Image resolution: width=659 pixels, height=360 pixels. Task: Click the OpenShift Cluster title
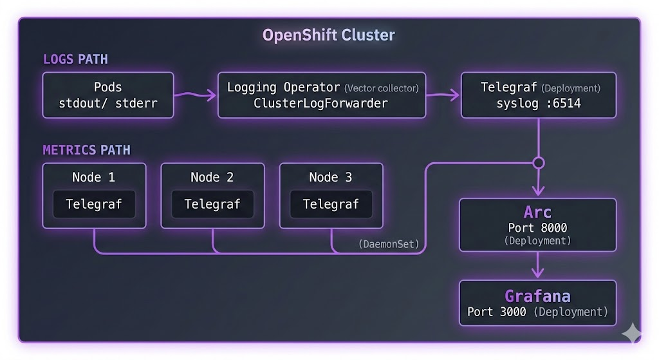328,35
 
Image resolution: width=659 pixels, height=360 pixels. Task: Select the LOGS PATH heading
75,59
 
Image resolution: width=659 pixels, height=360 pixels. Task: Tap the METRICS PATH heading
86,150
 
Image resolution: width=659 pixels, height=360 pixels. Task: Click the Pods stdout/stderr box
108,95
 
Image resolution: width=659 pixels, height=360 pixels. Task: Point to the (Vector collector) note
381,88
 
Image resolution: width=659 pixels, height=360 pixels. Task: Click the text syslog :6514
539,103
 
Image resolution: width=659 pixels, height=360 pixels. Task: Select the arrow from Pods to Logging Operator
196,96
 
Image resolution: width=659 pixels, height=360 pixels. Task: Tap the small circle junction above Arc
539,163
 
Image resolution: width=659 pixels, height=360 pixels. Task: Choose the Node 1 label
94,177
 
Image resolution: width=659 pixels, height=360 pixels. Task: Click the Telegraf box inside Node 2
212,204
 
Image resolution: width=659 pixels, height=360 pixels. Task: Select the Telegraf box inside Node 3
331,204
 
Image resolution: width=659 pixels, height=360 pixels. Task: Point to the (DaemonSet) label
388,244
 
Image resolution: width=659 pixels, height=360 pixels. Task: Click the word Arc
537,212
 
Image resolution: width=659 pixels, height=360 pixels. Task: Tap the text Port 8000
537,227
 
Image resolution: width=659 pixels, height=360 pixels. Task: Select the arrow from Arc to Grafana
537,265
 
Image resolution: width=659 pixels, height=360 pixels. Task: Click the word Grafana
537,296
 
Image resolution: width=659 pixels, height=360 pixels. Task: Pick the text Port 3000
496,312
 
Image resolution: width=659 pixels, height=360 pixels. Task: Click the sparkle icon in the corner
631,332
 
